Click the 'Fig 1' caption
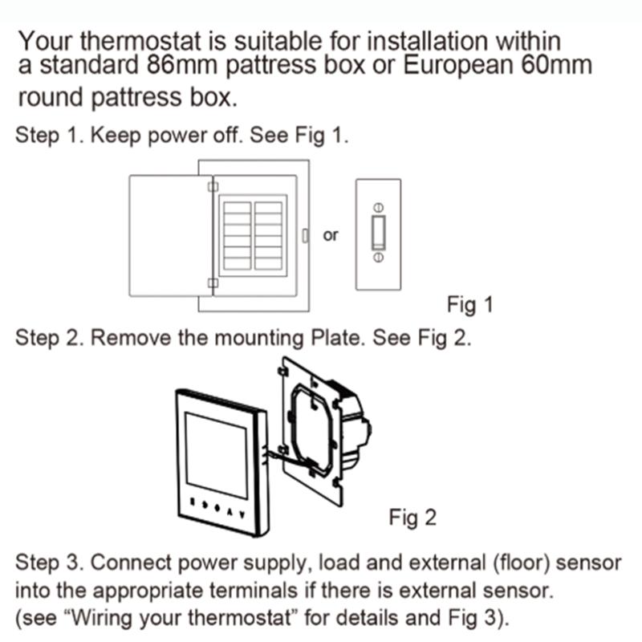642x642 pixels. (x=469, y=306)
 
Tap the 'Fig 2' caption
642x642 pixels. (x=412, y=518)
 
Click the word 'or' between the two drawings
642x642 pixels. (x=331, y=236)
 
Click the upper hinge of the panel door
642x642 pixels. (x=212, y=187)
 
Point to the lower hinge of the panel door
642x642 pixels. (x=212, y=282)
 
